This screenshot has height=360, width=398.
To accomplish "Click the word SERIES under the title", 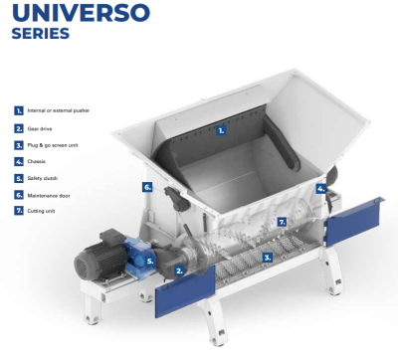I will (41, 34).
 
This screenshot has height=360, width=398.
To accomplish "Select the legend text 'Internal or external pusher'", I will (60, 110).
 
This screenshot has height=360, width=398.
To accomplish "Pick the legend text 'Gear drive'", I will (42, 128).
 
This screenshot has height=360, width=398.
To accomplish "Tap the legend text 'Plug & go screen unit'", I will (54, 145).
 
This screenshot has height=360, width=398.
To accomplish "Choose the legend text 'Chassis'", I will (39, 161).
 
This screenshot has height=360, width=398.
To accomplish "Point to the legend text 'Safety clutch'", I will (45, 178).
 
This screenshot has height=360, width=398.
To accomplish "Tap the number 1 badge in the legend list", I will (18, 110).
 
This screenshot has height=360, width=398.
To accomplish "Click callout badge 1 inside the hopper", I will (221, 129).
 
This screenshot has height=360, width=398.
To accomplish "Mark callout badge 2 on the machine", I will (178, 269).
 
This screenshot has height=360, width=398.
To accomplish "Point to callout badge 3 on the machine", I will (266, 257).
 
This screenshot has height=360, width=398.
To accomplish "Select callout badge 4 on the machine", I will (320, 187).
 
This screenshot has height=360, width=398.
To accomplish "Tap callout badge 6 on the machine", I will (147, 186).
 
